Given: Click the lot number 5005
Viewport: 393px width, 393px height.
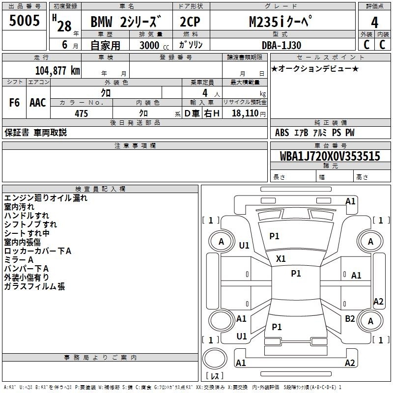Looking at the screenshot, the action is pyautogui.click(x=24, y=21).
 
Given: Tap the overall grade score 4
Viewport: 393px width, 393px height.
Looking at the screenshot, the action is pyautogui.click(x=374, y=23).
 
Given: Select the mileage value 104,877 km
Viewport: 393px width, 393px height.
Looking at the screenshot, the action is pyautogui.click(x=57, y=71).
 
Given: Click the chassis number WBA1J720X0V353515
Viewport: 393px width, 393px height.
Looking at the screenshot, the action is pyautogui.click(x=330, y=156).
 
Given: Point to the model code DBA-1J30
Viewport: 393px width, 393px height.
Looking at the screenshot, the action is pyautogui.click(x=281, y=45).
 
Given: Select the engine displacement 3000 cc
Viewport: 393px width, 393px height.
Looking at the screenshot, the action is pyautogui.click(x=154, y=45).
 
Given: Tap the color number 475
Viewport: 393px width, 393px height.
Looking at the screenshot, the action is pyautogui.click(x=81, y=113).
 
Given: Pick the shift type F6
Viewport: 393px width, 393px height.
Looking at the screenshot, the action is pyautogui.click(x=14, y=103).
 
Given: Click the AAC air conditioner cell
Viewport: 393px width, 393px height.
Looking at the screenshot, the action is pyautogui.click(x=38, y=103).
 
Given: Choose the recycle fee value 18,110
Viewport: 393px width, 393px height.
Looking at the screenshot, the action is pyautogui.click(x=245, y=113).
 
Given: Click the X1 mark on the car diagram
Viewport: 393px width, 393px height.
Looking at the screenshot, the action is pyautogui.click(x=281, y=259).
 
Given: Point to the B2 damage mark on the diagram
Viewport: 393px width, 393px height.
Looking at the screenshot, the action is pyautogui.click(x=350, y=319).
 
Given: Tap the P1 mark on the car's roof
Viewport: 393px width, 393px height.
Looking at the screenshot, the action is pyautogui.click(x=296, y=274).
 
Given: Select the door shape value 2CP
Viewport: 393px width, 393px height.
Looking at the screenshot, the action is pyautogui.click(x=190, y=22).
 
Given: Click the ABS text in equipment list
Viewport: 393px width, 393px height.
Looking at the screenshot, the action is pyautogui.click(x=282, y=133).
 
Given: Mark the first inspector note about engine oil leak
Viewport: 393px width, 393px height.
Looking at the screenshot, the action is pyautogui.click(x=46, y=198).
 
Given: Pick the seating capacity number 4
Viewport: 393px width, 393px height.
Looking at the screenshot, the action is pyautogui.click(x=205, y=93).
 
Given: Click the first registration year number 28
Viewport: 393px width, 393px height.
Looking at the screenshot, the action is pyautogui.click(x=64, y=26).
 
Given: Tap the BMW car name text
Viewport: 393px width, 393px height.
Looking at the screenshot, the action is pyautogui.click(x=101, y=22).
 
